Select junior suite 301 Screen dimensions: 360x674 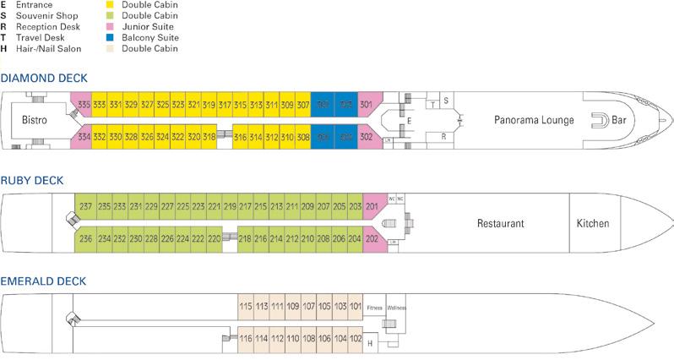(x=366, y=105)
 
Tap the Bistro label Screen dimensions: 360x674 (x=35, y=121)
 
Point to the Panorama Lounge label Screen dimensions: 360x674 (x=535, y=120)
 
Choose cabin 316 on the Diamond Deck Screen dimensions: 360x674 (x=241, y=137)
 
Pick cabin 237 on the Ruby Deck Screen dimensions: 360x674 (x=84, y=207)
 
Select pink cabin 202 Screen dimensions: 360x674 (x=372, y=239)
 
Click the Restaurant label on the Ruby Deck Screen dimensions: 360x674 (x=501, y=224)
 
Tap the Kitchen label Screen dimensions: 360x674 (x=592, y=224)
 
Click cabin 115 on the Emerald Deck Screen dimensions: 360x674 (x=246, y=307)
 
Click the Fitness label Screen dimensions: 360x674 (x=374, y=308)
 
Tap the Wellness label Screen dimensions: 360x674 (x=396, y=308)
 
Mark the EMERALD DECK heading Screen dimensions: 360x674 (x=43, y=280)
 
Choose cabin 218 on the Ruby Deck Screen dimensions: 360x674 (x=245, y=239)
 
